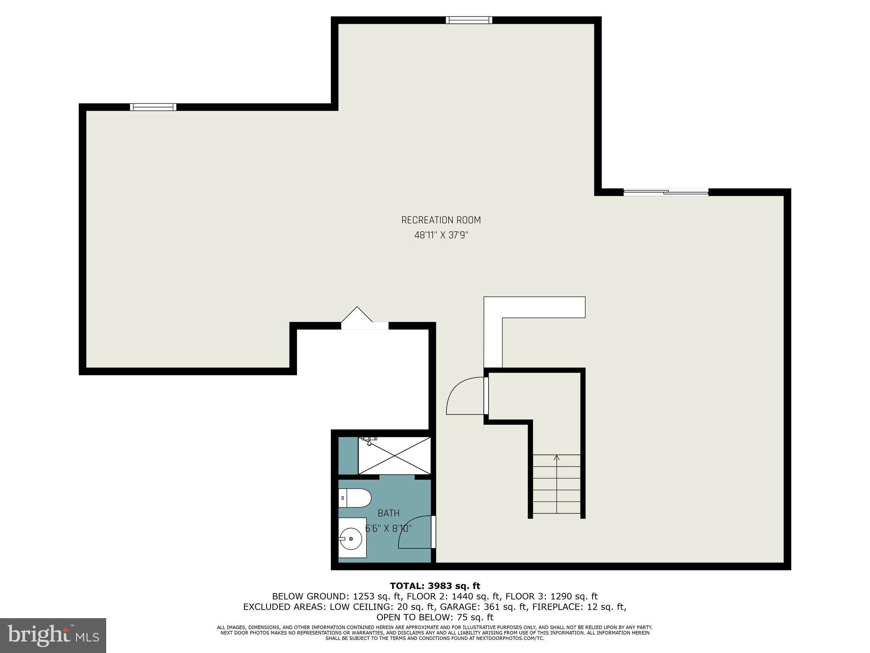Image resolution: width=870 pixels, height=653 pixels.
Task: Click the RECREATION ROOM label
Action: [x=441, y=220]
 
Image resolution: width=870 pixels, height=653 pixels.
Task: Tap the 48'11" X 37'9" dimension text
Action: [x=441, y=235]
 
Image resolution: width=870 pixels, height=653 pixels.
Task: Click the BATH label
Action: [x=388, y=513]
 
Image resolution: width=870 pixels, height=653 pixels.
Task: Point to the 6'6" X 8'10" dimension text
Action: [x=388, y=528]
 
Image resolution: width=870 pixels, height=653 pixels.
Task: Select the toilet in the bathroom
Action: [x=355, y=498]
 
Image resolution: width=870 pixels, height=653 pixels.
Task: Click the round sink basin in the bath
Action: [x=351, y=539]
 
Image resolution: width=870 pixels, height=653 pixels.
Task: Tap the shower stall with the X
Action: [x=394, y=455]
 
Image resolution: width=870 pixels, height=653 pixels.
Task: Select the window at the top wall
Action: [x=469, y=20]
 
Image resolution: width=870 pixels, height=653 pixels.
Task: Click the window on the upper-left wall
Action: [x=153, y=107]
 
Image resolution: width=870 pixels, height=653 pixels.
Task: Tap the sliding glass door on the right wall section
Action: [x=666, y=193]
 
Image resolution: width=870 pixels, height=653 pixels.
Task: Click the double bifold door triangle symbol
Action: [x=357, y=315]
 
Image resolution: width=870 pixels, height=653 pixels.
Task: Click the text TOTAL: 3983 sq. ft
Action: [x=435, y=586]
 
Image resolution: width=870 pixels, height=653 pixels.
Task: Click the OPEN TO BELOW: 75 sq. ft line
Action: [x=435, y=617]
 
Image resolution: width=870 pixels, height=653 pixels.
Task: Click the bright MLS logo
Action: [x=53, y=635]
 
